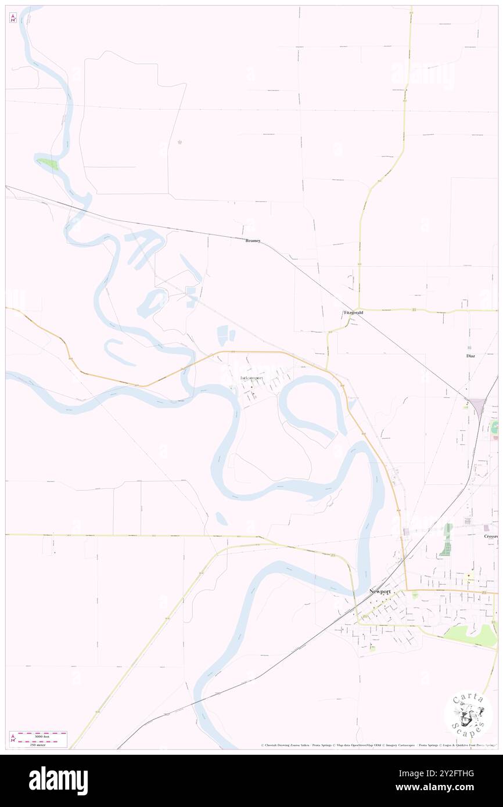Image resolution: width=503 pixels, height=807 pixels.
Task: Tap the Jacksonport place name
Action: coord(251,378)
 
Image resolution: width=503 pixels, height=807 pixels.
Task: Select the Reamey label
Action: coord(253,240)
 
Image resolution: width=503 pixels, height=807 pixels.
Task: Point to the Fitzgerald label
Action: coord(353,312)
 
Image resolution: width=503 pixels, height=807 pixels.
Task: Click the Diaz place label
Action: coord(470,355)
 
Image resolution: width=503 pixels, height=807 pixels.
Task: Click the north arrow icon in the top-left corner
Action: coord(13,17)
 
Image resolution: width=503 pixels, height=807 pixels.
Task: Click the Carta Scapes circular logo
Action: coord(468,715)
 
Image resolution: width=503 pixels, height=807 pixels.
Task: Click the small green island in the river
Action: coord(49,164)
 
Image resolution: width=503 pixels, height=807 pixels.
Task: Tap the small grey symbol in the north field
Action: coord(179,142)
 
